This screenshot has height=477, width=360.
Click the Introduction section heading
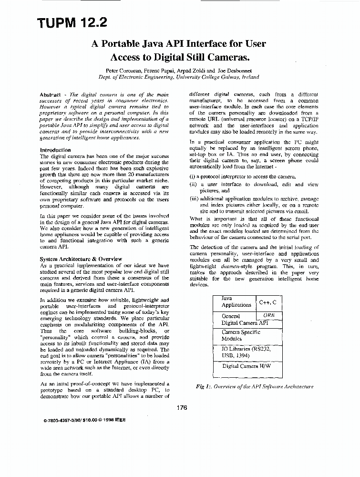(56, 150)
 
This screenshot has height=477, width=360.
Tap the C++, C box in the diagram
(267, 302)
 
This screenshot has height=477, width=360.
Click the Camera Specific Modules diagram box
(240, 335)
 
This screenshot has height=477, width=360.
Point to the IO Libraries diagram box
(246, 352)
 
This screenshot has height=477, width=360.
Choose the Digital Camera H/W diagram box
(246, 366)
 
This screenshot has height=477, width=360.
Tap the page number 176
(182, 407)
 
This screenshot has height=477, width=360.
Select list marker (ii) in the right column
(193, 185)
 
